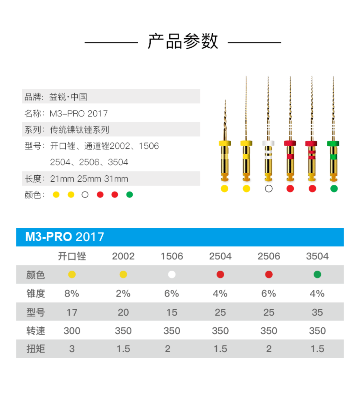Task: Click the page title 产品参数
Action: click(183, 41)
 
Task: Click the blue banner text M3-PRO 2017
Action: click(64, 237)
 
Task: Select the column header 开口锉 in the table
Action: click(72, 256)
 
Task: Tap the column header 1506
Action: click(172, 256)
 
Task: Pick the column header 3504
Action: click(317, 256)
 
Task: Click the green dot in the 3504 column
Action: click(317, 274)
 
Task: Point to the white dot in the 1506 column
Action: click(172, 274)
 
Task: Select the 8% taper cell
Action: click(72, 293)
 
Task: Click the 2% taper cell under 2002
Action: click(123, 293)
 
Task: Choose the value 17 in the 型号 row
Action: click(72, 312)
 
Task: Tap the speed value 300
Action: click(72, 331)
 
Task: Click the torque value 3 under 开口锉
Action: click(72, 349)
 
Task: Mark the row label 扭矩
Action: click(35, 349)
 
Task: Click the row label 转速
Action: click(35, 331)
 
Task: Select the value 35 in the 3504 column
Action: click(317, 312)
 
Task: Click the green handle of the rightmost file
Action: click(333, 144)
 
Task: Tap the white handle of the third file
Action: click(268, 143)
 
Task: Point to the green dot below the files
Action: click(334, 189)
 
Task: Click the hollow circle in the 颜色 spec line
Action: click(85, 195)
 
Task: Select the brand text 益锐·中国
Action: click(68, 97)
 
